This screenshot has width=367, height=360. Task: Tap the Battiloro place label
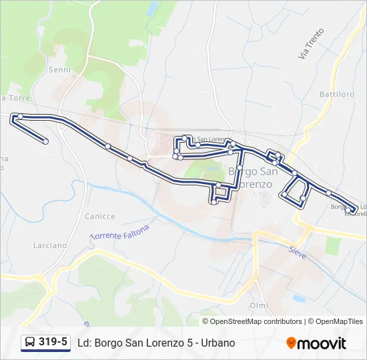click(x=336, y=95)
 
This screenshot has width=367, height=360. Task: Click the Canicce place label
click(x=100, y=217)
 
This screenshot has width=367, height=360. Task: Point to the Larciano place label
click(x=50, y=245)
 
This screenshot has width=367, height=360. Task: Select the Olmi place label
click(x=258, y=305)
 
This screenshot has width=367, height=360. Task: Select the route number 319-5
click(x=53, y=343)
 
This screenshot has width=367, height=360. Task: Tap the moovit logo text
click(x=322, y=343)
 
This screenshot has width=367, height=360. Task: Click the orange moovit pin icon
click(x=291, y=343)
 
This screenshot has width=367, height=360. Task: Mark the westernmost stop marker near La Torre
click(x=20, y=117)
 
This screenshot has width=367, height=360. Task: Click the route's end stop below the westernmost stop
click(x=45, y=141)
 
